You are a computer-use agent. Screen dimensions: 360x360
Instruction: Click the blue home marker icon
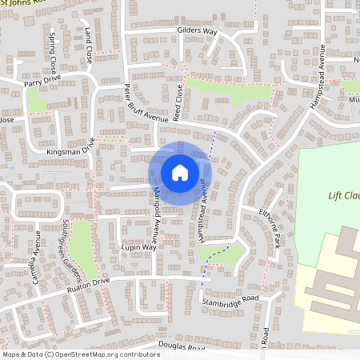tap(180, 172)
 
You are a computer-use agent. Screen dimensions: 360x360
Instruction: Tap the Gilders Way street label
tap(197, 31)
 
